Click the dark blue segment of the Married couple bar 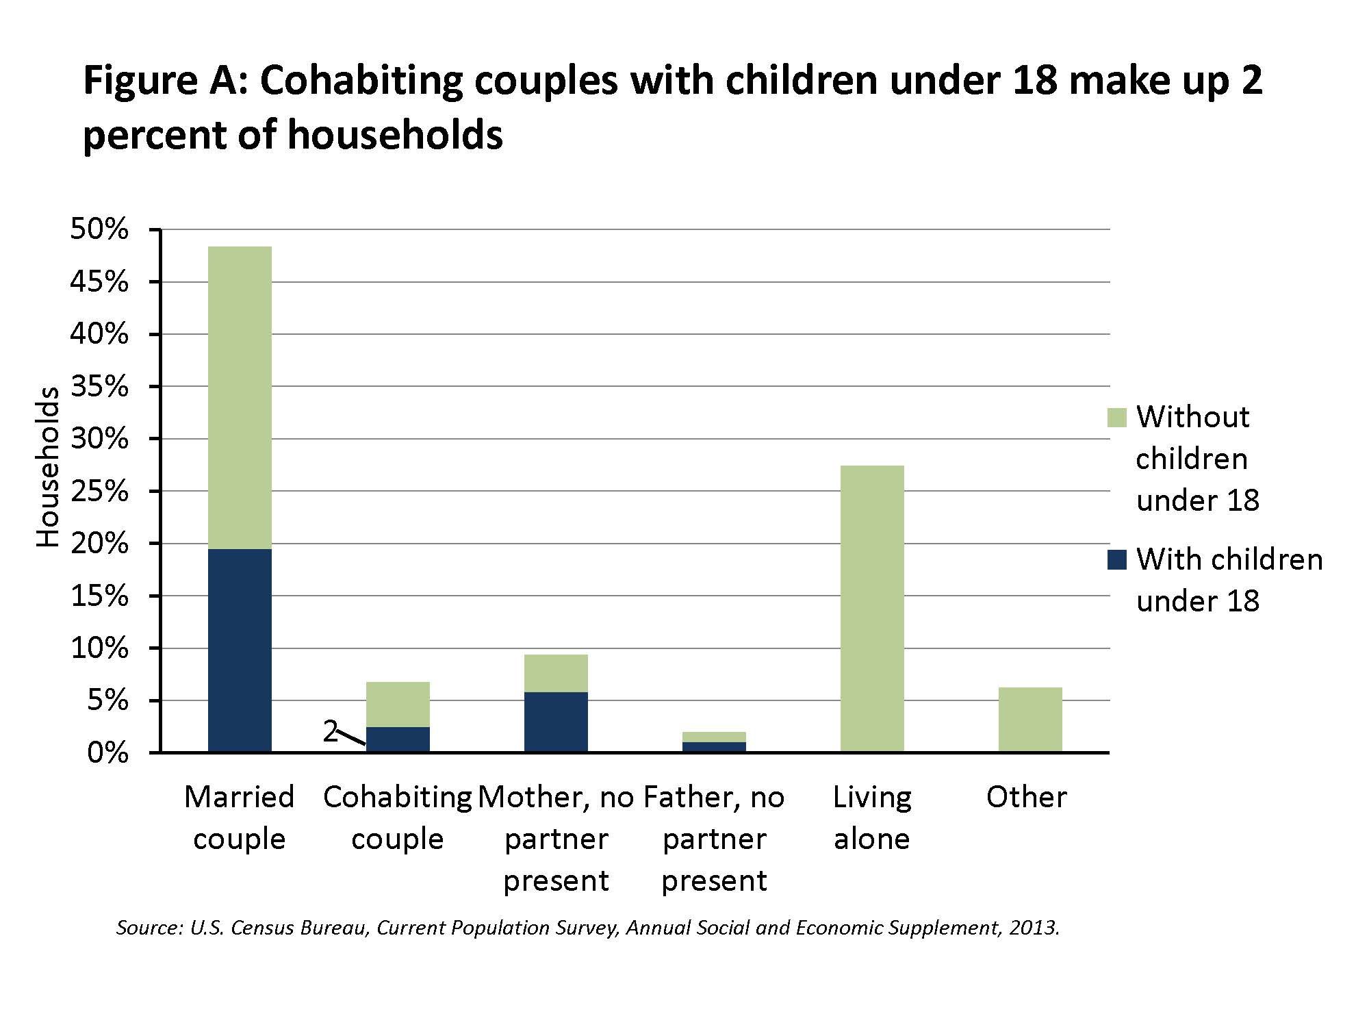(240, 650)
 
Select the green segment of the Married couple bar (240, 397)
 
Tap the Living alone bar (871, 609)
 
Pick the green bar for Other (1029, 719)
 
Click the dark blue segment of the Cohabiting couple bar (398, 739)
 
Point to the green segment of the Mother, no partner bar (556, 673)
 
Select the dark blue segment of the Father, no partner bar (714, 747)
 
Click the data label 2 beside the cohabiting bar (331, 732)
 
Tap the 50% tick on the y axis (99, 230)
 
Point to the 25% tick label (99, 492)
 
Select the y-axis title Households (48, 467)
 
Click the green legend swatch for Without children (1116, 418)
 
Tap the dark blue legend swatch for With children (1116, 560)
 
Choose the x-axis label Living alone (871, 817)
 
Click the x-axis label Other (1026, 797)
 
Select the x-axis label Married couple (240, 817)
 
